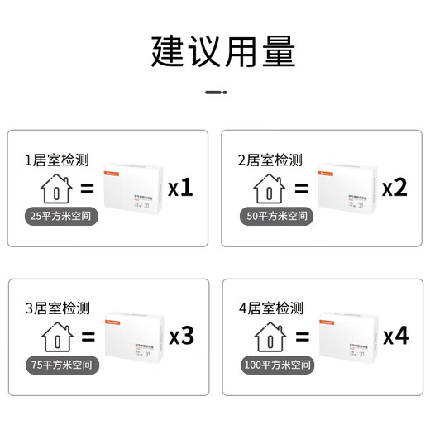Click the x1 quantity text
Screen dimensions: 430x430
click(180, 189)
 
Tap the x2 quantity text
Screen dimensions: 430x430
click(395, 189)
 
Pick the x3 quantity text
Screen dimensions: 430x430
click(180, 337)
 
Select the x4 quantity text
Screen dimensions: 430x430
click(395, 337)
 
